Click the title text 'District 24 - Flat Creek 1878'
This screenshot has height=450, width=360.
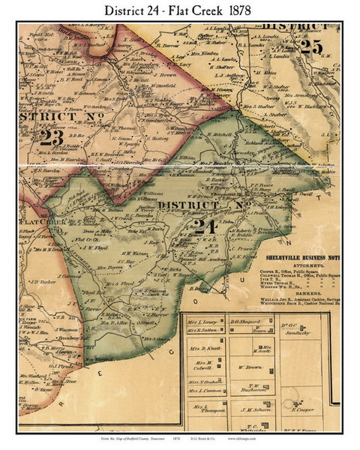(180, 11)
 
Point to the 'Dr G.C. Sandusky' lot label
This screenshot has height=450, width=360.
(321, 328)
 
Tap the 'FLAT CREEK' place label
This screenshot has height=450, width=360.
(27, 222)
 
